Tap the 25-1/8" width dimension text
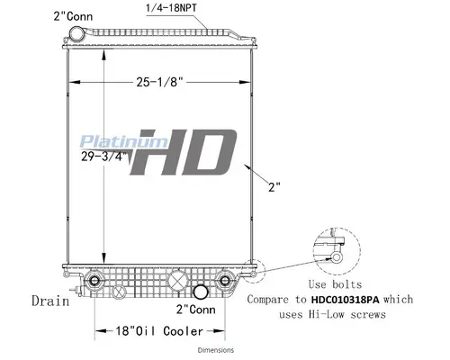[x=162, y=84]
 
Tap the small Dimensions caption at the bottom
[x=216, y=350]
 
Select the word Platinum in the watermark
[x=107, y=141]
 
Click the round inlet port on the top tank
[x=76, y=34]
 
